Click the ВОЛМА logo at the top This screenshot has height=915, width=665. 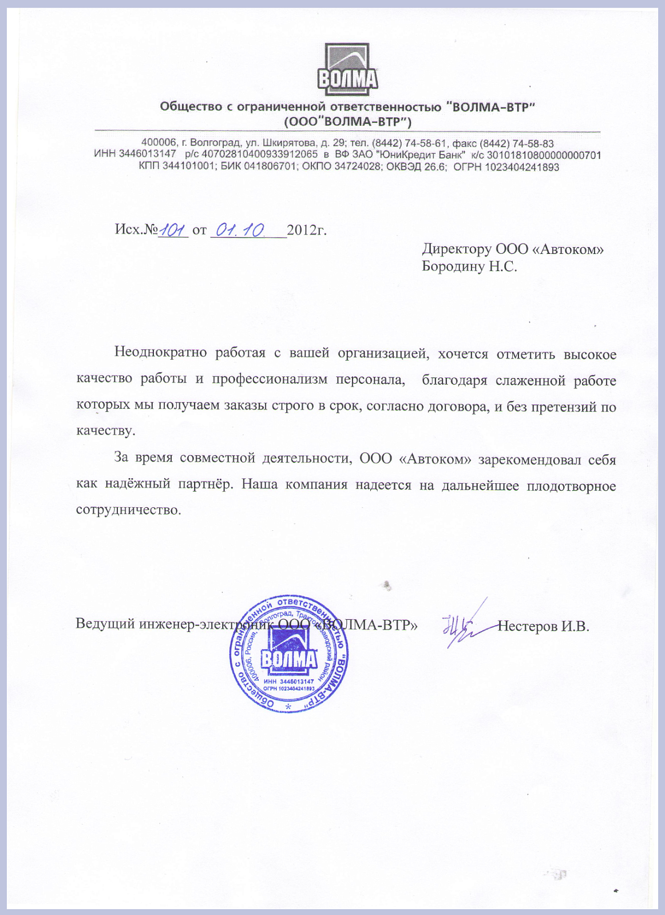click(x=347, y=70)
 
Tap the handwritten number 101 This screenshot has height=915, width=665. click(x=173, y=230)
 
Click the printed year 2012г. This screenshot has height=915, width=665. click(x=307, y=230)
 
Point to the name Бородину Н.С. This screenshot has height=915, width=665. click(x=469, y=266)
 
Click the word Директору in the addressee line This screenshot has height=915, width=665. click(x=456, y=249)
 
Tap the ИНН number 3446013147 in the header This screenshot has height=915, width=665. click(x=148, y=154)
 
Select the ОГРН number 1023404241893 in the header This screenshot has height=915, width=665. click(x=522, y=167)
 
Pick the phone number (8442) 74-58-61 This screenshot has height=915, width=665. click(x=409, y=144)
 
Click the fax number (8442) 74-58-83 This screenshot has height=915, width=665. click(x=516, y=144)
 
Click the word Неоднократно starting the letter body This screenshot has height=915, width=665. click(x=160, y=352)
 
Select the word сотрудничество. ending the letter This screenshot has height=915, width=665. click(x=128, y=510)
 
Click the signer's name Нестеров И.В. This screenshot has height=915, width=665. click(x=543, y=626)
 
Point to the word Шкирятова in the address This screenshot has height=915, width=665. click(x=289, y=144)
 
